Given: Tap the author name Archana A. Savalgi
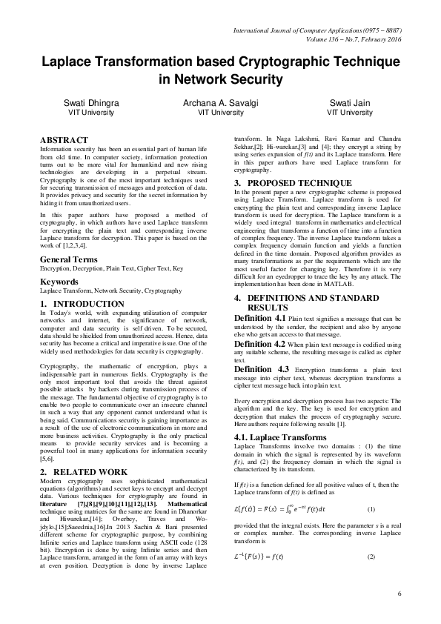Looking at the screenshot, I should tap(220, 103).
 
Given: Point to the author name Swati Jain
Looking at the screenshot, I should tap(349, 103).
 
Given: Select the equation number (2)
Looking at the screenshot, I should tap(371, 577).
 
